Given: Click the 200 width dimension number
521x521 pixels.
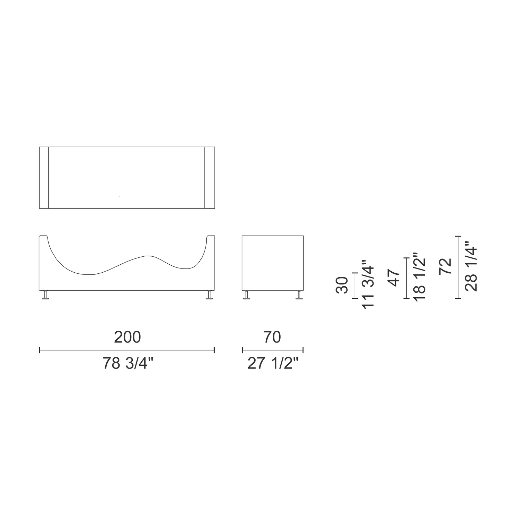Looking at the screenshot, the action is click(127, 337).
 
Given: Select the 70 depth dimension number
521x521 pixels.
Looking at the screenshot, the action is click(272, 337).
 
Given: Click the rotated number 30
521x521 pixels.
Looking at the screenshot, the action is click(342, 285).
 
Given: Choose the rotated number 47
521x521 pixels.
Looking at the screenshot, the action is click(395, 278).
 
